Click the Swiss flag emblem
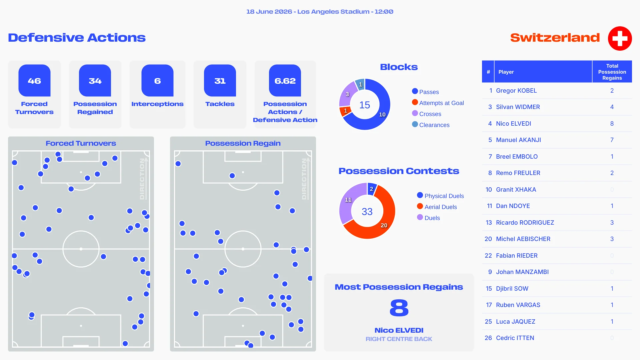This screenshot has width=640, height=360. coord(620,38)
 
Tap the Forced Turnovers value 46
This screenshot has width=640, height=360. coord(34,81)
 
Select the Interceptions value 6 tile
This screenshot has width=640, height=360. coord(157,81)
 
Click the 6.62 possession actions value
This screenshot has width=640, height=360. coord(285,81)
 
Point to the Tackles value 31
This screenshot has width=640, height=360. coord(220,81)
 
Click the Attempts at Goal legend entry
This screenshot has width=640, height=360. coord(438,103)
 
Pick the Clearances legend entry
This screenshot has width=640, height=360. coord(431,125)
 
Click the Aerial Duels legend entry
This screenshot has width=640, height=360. coord(437,207)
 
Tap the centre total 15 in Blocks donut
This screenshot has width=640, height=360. coord(365,105)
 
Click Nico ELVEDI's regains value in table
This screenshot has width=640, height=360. coord(612,124)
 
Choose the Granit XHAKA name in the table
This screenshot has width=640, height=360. coord(516,190)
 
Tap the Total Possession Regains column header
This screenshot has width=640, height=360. coord(612,72)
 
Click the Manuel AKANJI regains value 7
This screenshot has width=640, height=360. coord(612,140)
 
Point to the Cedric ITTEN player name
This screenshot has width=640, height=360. coord(515,338)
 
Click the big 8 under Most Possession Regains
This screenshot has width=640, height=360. coord(399,308)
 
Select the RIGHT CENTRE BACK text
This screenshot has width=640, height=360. coord(399,339)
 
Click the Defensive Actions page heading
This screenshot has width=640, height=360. coord(77,38)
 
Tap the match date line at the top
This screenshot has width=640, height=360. coord(320,12)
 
